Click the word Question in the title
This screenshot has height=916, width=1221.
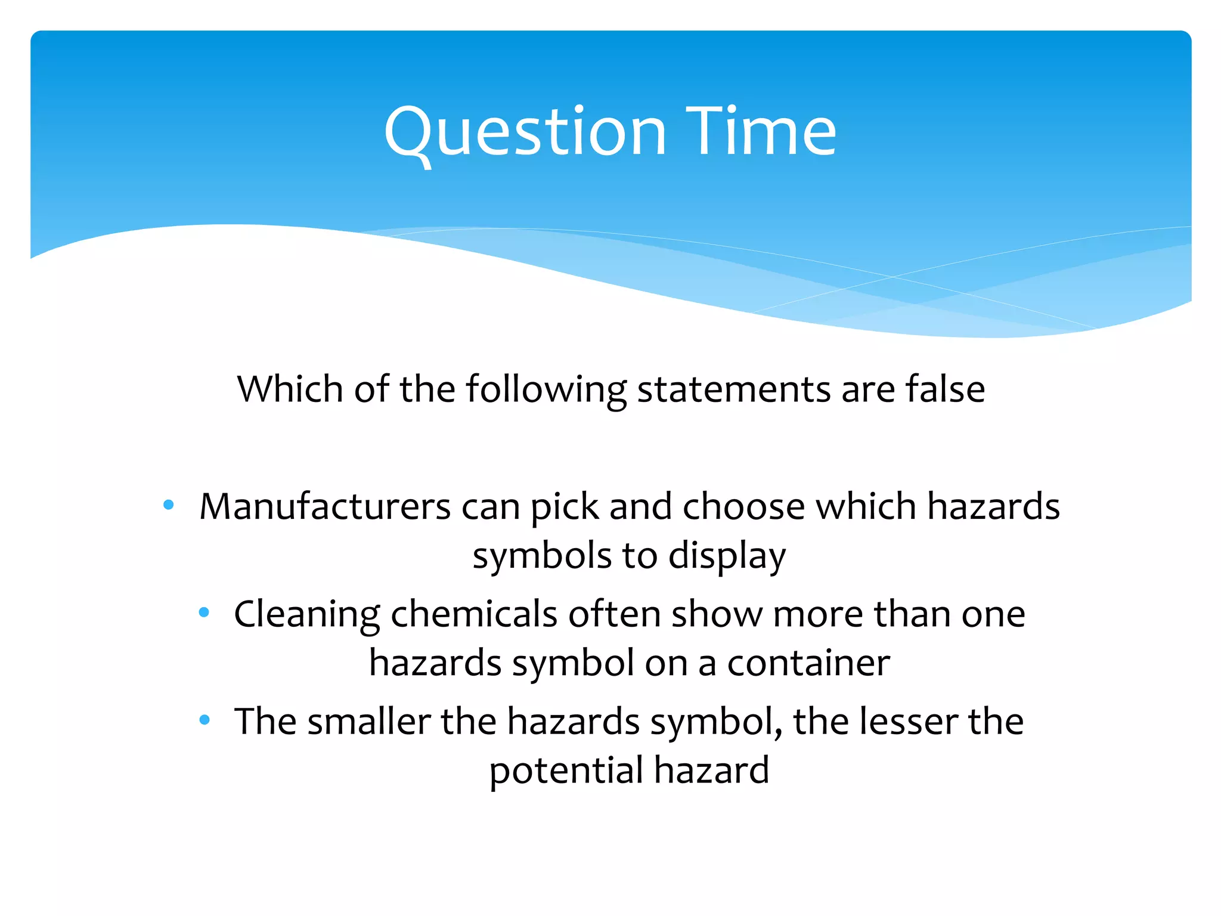(525, 132)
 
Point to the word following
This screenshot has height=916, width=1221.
(546, 390)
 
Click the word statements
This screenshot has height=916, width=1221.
(733, 389)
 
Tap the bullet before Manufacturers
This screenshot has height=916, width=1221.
(169, 506)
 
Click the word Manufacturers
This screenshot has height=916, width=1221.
(325, 507)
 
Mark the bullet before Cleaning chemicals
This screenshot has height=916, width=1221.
(204, 612)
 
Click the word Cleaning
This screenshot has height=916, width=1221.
(306, 615)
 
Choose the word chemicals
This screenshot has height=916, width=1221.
(473, 614)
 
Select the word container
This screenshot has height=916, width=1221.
(808, 663)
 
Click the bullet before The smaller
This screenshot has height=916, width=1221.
(204, 720)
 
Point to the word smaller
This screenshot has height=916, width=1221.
(369, 721)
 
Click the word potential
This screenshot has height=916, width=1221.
(566, 770)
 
